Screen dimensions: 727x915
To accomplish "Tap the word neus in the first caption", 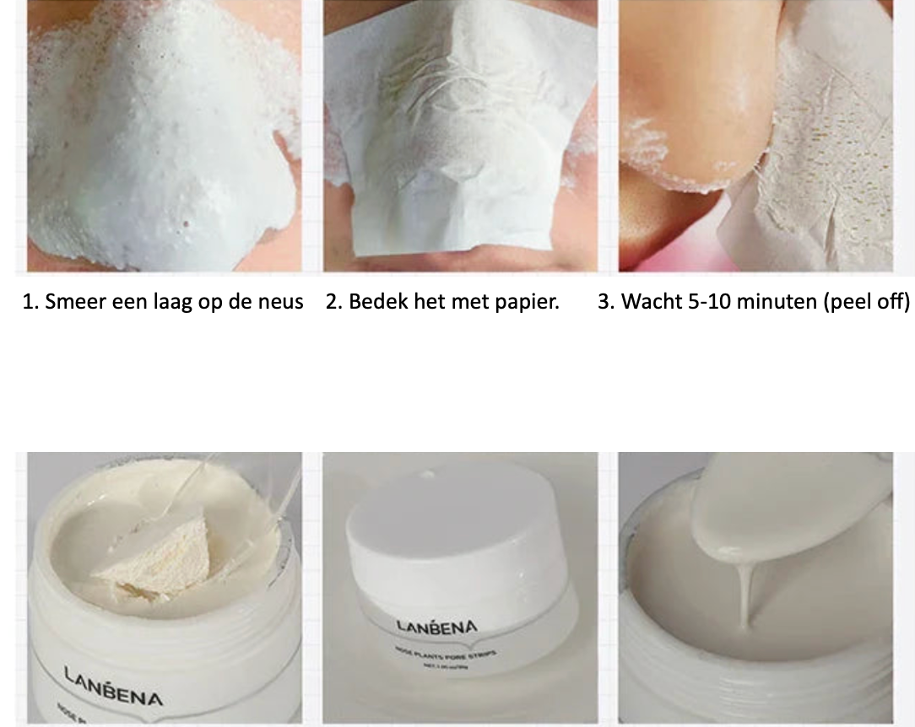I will [x=279, y=302].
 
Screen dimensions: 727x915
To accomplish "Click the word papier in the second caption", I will [x=529, y=302].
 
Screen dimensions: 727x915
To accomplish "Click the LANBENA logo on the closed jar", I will [x=436, y=627].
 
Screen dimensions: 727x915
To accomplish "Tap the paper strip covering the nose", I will [x=456, y=135].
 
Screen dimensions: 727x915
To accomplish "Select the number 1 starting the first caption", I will [x=28, y=302].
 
